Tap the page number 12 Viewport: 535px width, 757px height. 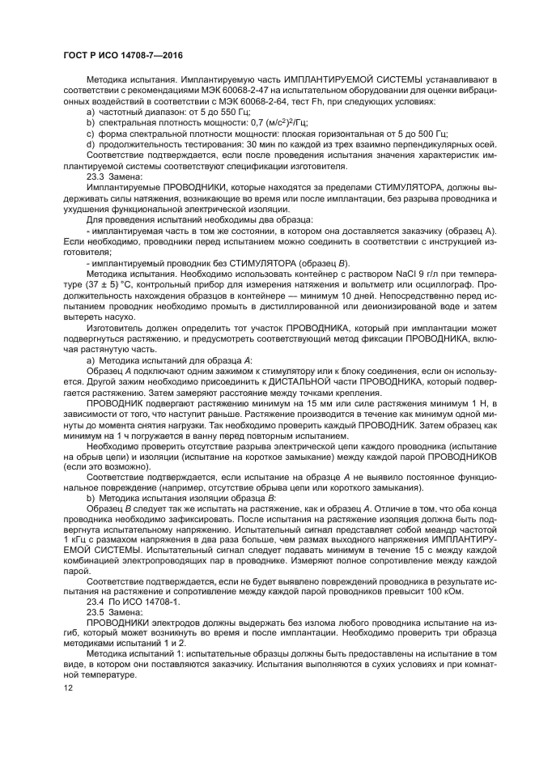[x=67, y=687]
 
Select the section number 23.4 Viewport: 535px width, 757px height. [x=97, y=602]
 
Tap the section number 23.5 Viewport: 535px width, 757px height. [x=97, y=613]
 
